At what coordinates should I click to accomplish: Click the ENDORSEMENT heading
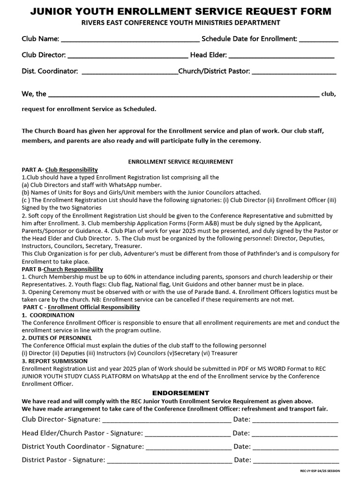pyautogui.click(x=180, y=393)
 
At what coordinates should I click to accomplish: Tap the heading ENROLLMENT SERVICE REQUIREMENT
pyautogui.click(x=180, y=162)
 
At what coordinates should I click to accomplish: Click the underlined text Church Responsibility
pyautogui.click(x=73, y=269)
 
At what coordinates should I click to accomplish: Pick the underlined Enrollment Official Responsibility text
pyautogui.click(x=94, y=307)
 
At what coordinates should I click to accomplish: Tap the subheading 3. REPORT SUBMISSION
pyautogui.click(x=54, y=361)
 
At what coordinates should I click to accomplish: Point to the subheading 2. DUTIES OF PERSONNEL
pyautogui.click(x=57, y=338)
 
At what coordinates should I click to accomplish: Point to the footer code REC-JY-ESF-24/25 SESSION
pyautogui.click(x=320, y=471)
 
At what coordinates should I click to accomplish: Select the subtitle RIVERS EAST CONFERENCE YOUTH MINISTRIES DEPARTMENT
pyautogui.click(x=180, y=22)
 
